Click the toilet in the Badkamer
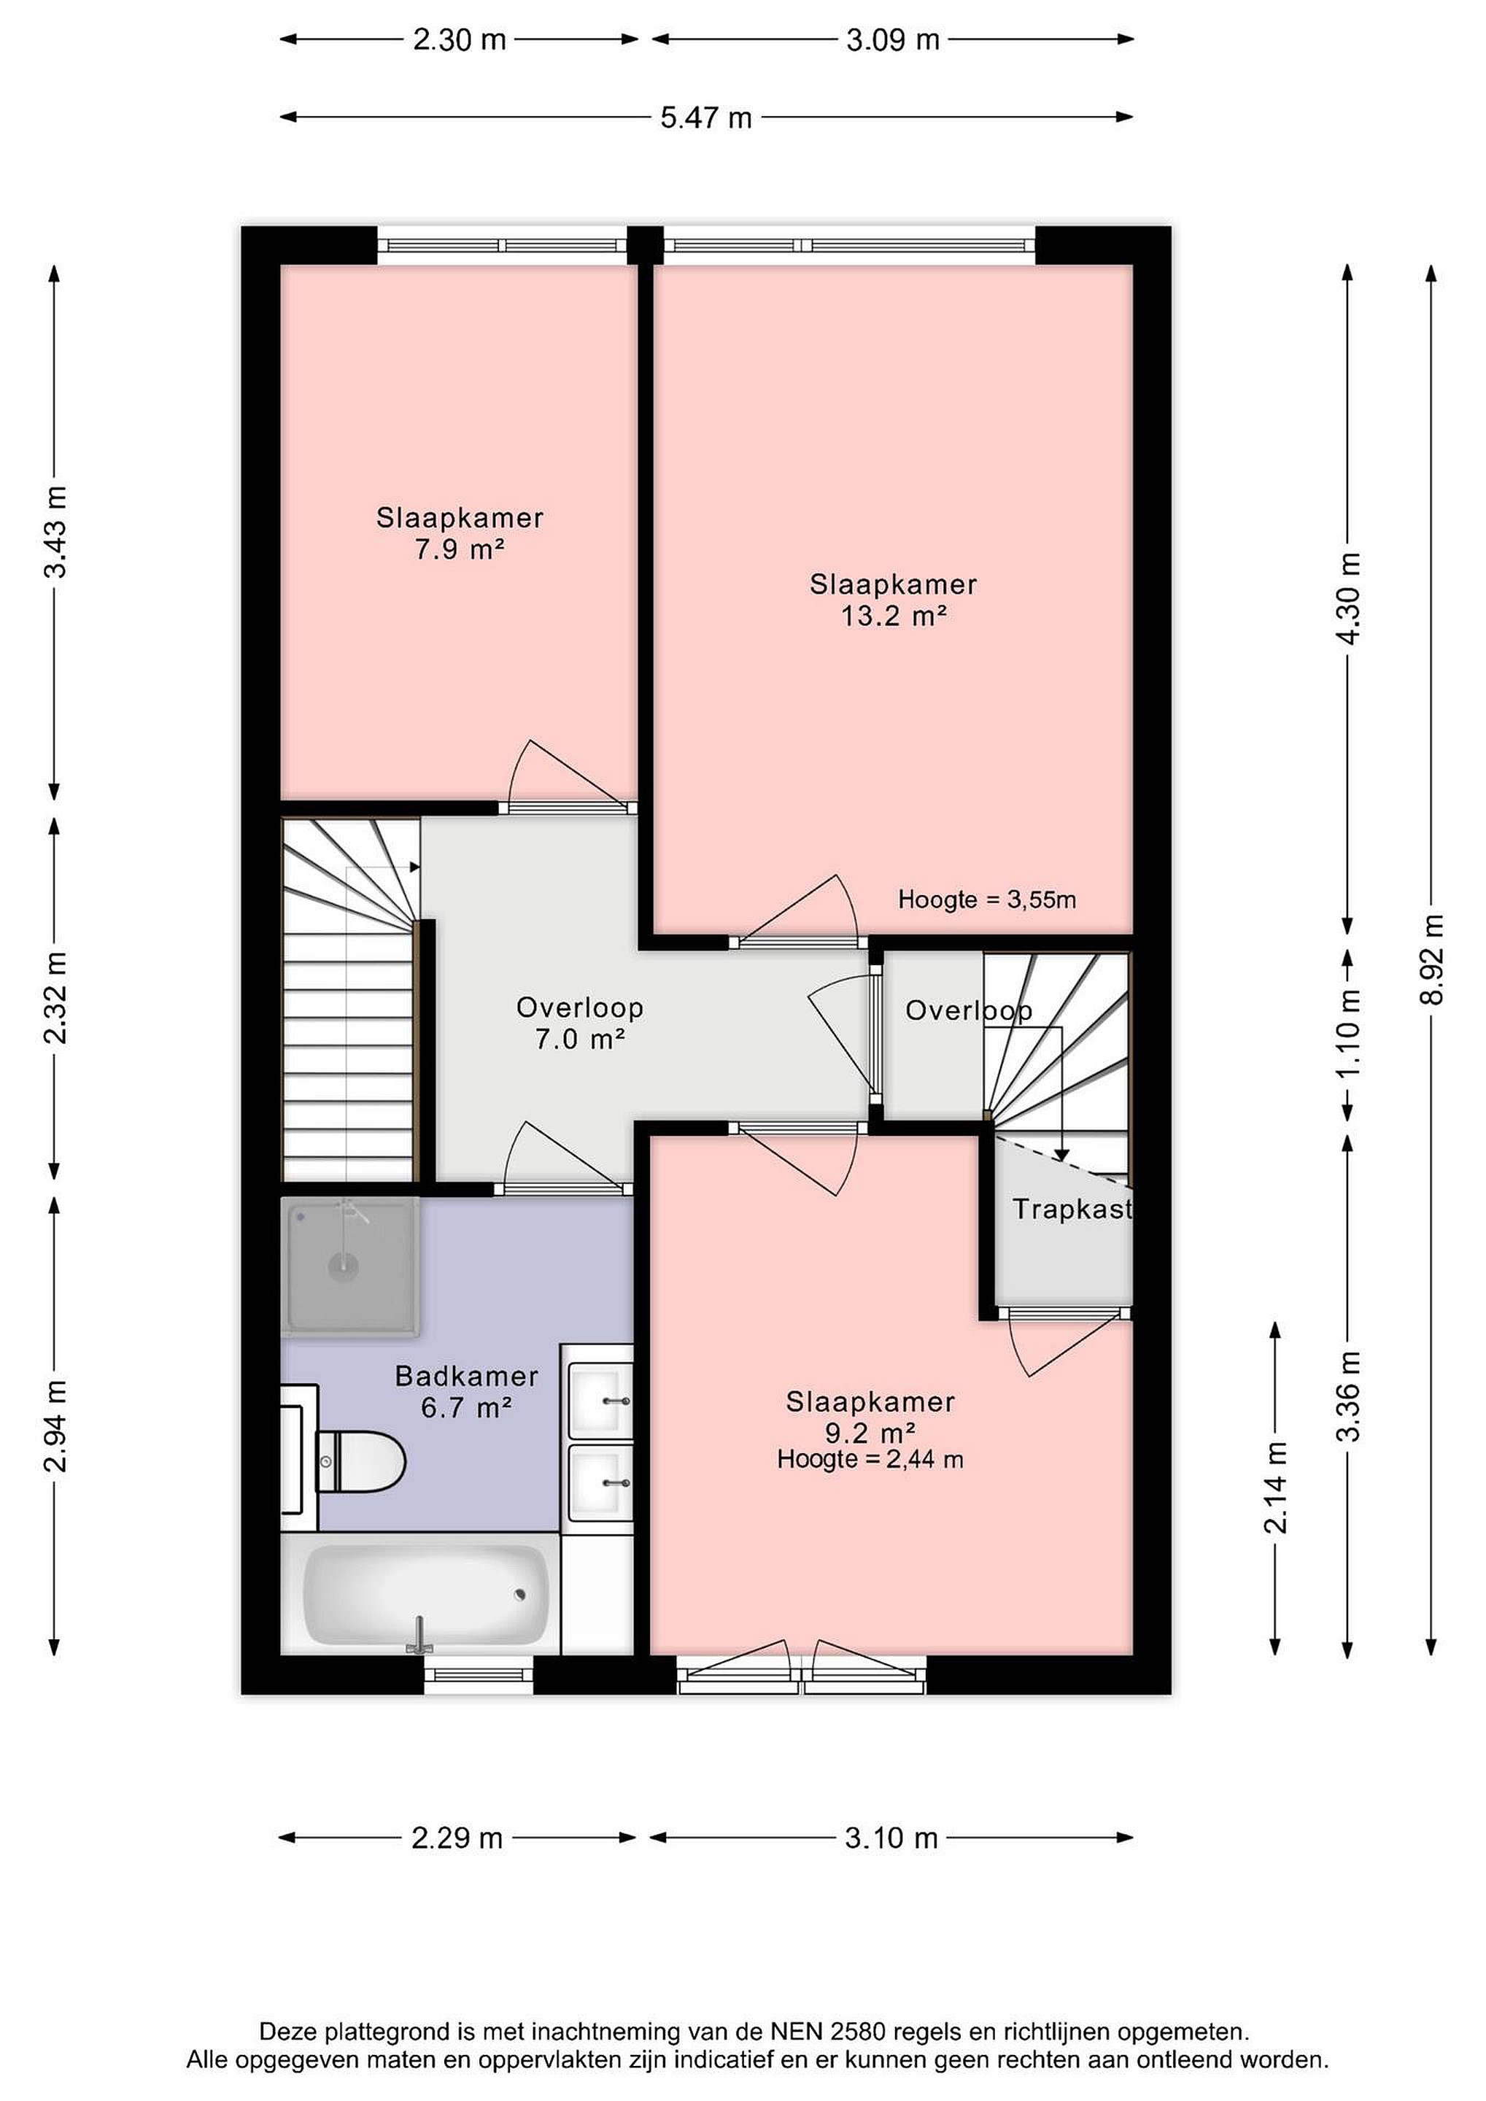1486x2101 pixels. coord(360,1461)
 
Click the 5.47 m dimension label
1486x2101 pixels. coord(706,117)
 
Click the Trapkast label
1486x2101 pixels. coord(1072,1209)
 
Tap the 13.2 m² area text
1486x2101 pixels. coord(894,616)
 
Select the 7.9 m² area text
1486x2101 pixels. coord(460,549)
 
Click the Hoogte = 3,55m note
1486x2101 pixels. coord(986,899)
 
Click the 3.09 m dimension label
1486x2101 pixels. coord(893,39)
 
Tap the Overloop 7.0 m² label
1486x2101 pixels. coord(580,1023)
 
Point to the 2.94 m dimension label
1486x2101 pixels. coord(56,1425)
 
